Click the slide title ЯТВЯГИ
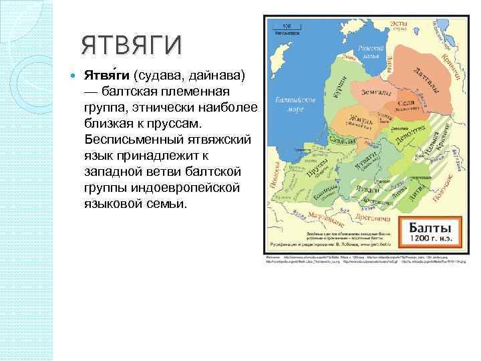(x=131, y=45)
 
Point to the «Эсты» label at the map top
(x=399, y=23)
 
